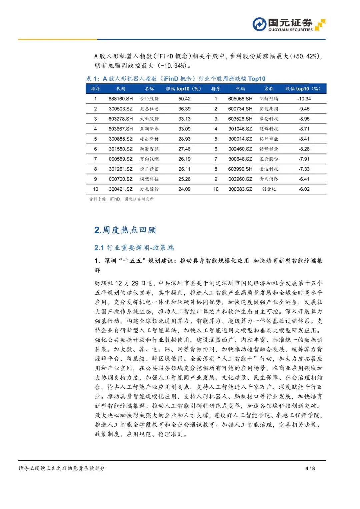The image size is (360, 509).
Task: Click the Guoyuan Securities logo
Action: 289,25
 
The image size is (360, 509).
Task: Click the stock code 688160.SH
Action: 121,99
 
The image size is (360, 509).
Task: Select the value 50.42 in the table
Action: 184,99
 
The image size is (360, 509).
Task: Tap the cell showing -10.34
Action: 304,99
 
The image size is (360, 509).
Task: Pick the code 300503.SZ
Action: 121,109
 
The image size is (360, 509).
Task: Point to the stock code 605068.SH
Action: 240,99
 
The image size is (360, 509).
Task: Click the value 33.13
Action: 184,119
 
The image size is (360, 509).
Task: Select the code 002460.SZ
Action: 240,149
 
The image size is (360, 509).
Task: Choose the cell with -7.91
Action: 304,159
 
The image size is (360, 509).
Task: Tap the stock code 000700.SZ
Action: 121,179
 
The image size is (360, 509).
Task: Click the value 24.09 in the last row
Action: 184,189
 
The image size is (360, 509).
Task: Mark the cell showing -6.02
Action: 304,189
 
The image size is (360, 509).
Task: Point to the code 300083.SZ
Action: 240,189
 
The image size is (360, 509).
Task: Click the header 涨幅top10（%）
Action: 183,89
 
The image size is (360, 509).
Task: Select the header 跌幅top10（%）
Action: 303,89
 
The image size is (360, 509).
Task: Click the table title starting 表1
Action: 176,79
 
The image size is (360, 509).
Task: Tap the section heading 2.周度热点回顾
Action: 125,230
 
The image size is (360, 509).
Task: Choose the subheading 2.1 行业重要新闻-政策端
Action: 134,248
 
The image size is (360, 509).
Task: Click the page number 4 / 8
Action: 310,468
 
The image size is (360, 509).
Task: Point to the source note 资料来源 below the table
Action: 121,199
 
